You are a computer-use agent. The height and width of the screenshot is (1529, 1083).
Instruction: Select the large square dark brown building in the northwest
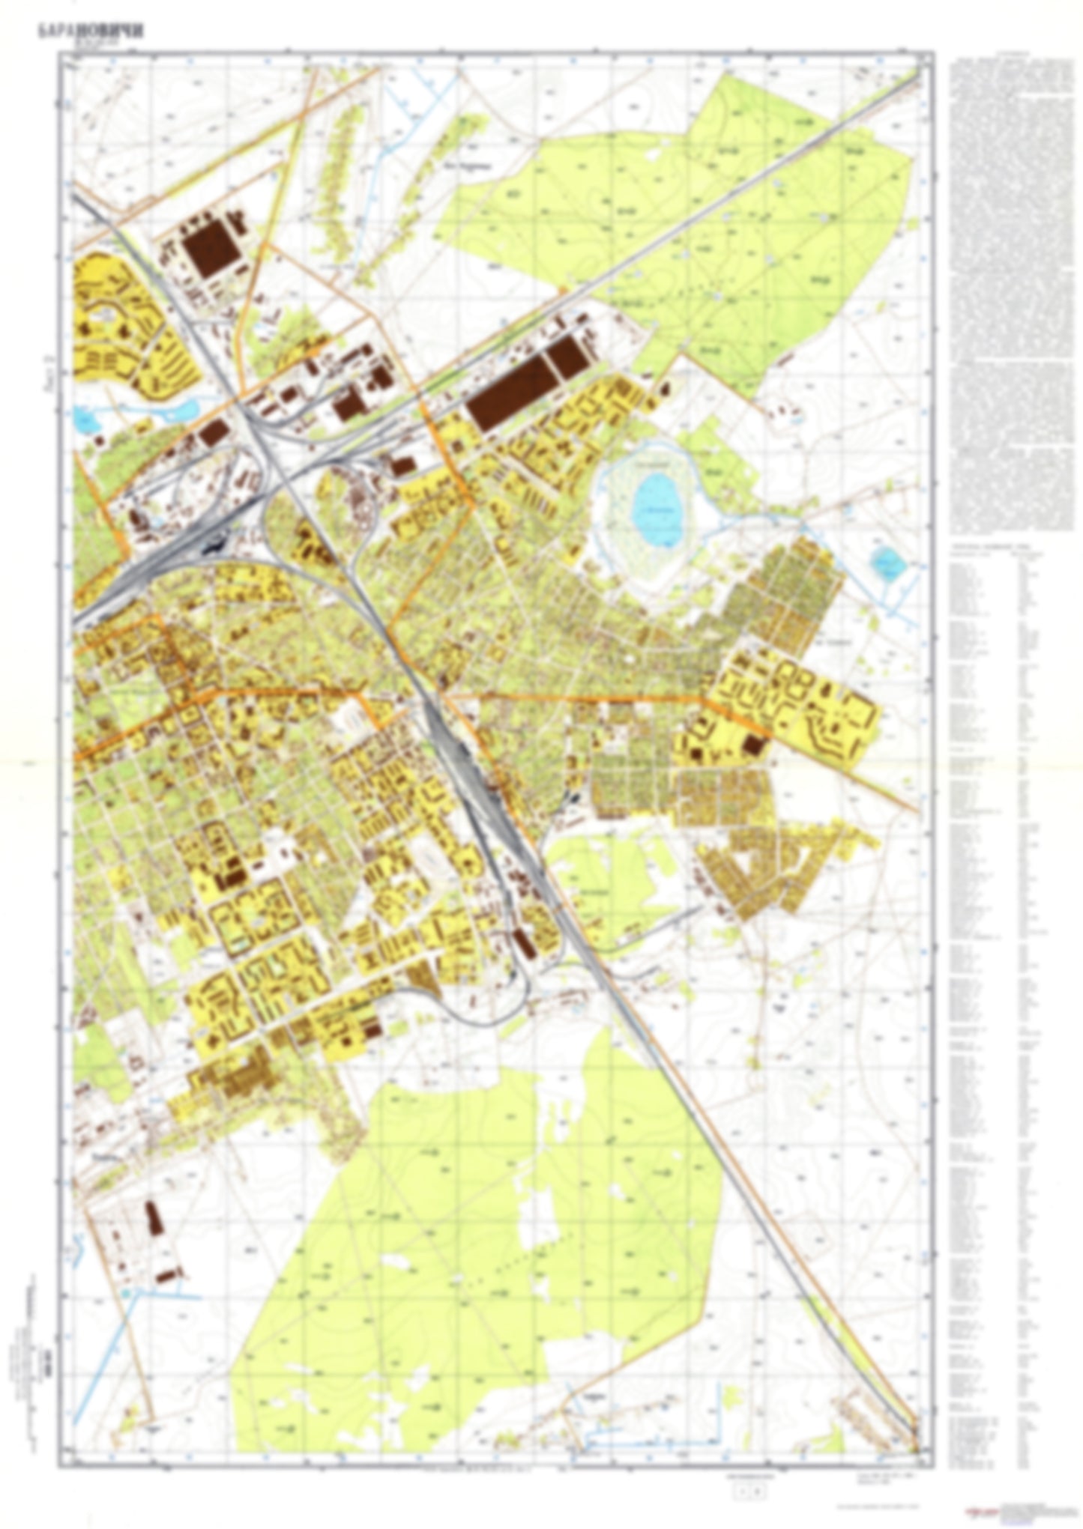coord(212,246)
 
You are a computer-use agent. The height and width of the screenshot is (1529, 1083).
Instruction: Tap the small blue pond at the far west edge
coord(87,422)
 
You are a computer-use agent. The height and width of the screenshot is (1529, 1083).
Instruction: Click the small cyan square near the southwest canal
coord(125,1293)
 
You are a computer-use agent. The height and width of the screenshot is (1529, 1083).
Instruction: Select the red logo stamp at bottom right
coord(978,1509)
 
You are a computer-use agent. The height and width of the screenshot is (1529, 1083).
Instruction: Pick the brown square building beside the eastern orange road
coord(753,745)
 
